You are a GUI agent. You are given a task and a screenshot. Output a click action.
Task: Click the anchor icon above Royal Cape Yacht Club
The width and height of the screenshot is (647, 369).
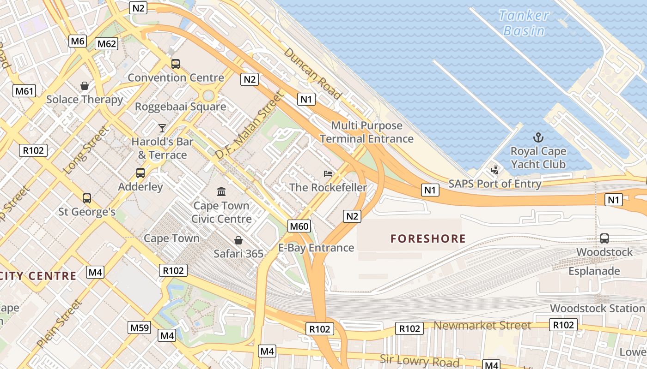pyautogui.click(x=538, y=137)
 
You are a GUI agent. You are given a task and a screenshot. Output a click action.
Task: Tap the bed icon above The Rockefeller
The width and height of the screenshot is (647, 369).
pyautogui.click(x=328, y=174)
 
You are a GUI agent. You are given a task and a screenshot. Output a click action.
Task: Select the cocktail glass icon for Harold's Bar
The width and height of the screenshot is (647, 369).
pyautogui.click(x=162, y=128)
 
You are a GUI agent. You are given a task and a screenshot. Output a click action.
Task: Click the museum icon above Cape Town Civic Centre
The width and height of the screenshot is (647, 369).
pyautogui.click(x=221, y=191)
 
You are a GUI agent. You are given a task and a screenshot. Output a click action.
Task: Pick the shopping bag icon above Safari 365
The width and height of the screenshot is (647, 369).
pyautogui.click(x=238, y=240)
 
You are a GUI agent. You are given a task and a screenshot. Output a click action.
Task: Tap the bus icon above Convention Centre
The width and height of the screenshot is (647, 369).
pyautogui.click(x=176, y=64)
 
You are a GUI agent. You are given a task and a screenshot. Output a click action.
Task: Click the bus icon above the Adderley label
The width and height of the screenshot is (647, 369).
pyautogui.click(x=140, y=173)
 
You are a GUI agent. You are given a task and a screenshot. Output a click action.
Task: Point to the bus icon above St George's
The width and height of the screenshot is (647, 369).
pyautogui.click(x=86, y=198)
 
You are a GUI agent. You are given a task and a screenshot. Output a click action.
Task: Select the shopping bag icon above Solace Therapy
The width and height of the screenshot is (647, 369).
pyautogui.click(x=85, y=86)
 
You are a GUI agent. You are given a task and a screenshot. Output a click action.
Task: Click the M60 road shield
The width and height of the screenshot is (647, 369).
pyautogui.click(x=299, y=226)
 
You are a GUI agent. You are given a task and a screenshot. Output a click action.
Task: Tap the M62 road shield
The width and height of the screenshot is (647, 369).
pyautogui.click(x=106, y=44)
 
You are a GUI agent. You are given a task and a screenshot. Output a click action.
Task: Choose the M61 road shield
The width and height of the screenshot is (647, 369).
pyautogui.click(x=24, y=91)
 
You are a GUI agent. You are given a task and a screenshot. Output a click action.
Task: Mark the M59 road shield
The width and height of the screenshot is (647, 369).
pyautogui.click(x=139, y=328)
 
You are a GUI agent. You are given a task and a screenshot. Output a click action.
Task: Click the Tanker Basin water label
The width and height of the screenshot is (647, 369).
pyautogui.click(x=524, y=23)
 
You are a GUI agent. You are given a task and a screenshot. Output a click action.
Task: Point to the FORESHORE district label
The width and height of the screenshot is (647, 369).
pyautogui.click(x=428, y=238)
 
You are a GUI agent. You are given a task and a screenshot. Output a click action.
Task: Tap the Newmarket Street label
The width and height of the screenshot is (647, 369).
pyautogui.click(x=482, y=326)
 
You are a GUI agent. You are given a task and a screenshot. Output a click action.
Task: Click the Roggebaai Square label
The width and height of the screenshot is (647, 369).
pyautogui.click(x=180, y=107)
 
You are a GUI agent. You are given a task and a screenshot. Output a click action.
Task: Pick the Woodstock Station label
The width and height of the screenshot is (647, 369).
pyautogui.click(x=597, y=308)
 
